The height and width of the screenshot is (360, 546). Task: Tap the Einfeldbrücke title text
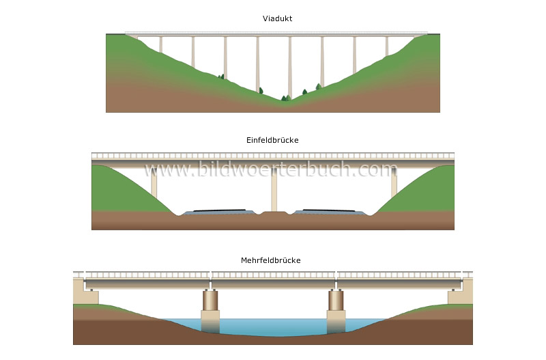[x=272, y=140]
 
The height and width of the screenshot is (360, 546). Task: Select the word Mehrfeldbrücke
[x=271, y=260]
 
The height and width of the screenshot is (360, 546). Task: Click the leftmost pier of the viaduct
[x=161, y=45]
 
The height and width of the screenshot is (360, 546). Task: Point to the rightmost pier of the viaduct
[x=386, y=46]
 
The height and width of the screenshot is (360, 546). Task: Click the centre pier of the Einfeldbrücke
[x=274, y=190]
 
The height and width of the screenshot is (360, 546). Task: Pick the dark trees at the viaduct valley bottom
[x=285, y=98]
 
